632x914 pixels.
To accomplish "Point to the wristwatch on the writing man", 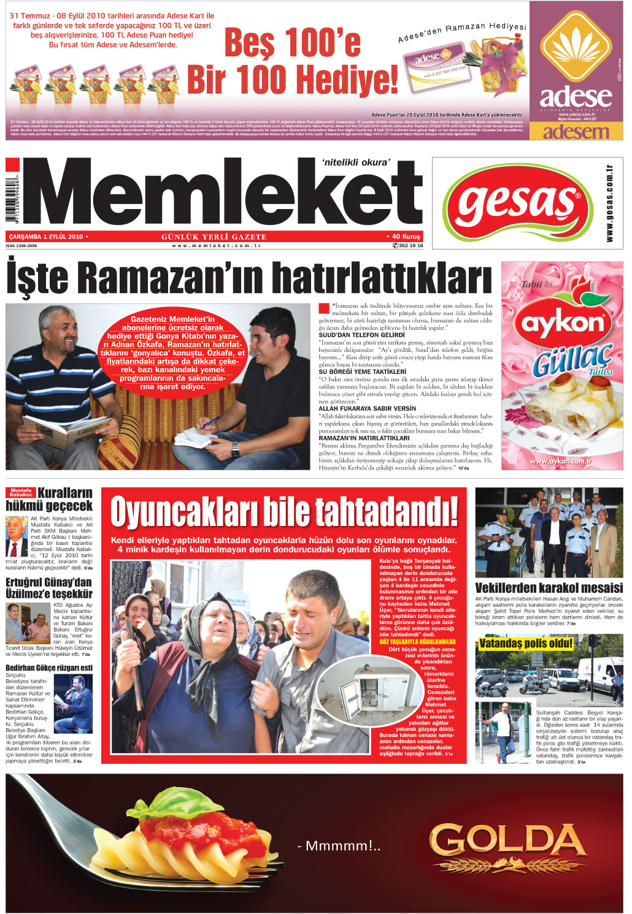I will point(235,449).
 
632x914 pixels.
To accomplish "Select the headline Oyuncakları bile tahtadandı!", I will point(284,511).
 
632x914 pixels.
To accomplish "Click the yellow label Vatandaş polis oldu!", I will point(526,643).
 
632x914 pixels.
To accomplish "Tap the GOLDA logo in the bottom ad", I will point(508,843).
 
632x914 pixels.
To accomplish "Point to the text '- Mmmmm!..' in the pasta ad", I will point(339,847).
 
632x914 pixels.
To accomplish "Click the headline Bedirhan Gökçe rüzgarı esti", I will point(49,668).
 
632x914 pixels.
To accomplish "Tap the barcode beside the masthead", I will point(10,200).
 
